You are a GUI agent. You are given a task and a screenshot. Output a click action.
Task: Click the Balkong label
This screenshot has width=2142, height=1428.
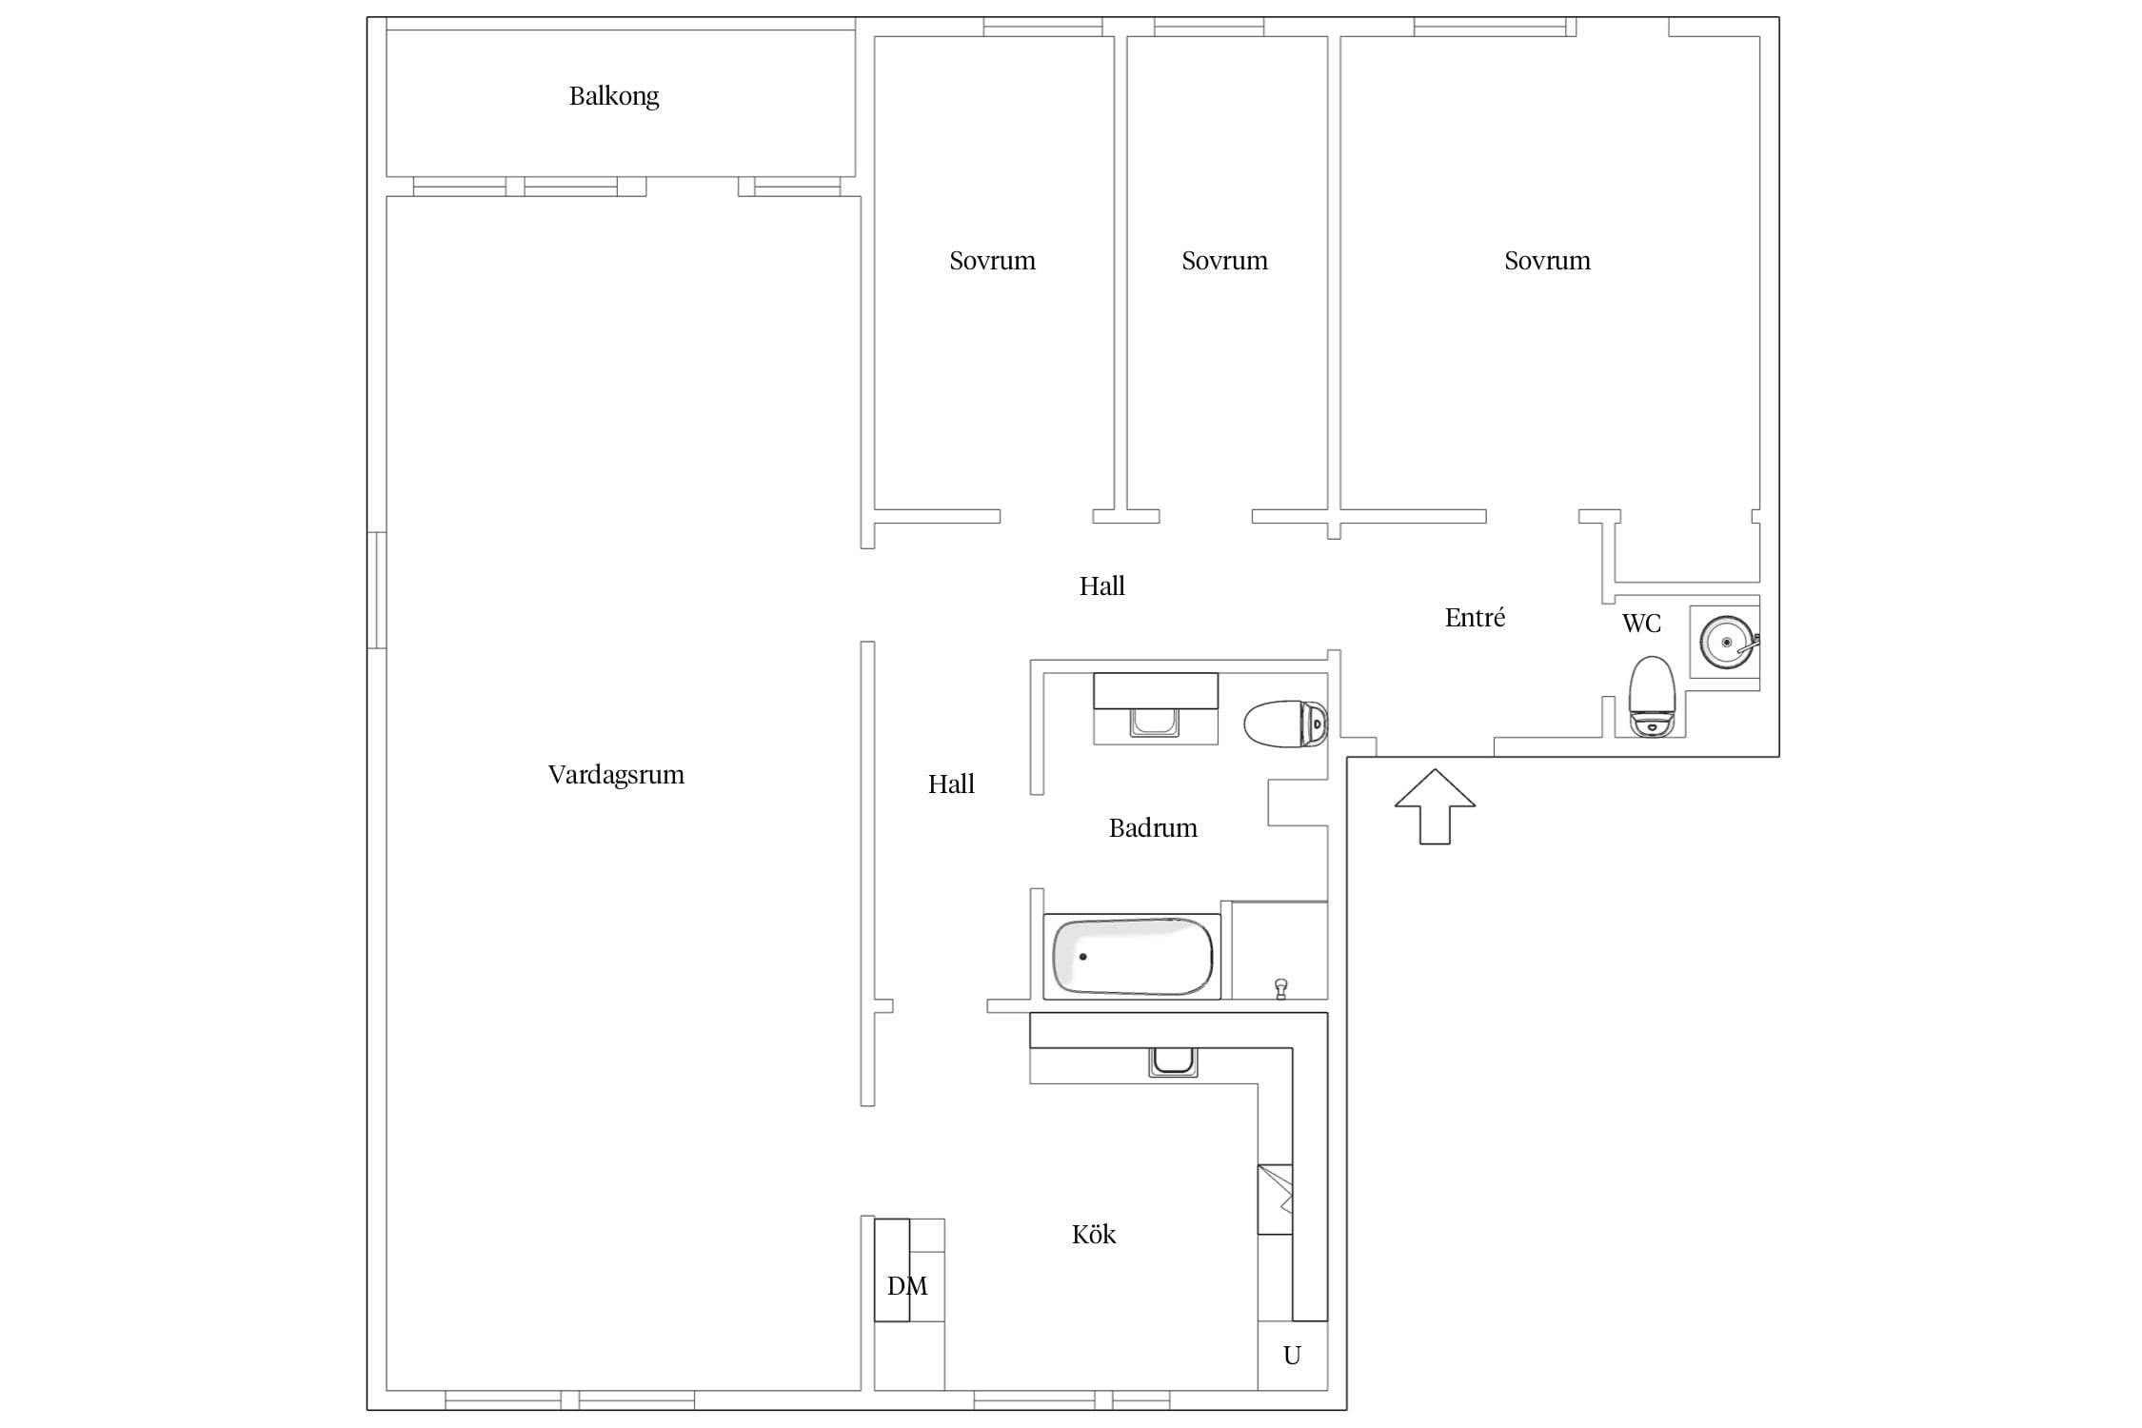(x=614, y=96)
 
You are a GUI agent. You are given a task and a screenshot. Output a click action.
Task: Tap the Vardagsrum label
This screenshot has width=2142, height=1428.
(x=616, y=775)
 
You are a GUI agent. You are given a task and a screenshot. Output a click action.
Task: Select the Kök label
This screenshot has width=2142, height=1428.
(x=1094, y=1234)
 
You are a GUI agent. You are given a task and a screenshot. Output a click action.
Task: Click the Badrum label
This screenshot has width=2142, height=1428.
(x=1153, y=827)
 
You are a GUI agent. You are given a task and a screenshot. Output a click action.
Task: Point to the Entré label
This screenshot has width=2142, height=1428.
(x=1475, y=617)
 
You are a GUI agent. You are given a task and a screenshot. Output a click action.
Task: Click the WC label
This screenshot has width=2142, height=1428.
(x=1641, y=623)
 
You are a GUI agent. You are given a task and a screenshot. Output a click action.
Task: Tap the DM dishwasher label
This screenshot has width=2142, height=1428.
(x=907, y=1286)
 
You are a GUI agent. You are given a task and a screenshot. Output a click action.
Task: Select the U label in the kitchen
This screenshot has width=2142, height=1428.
(x=1292, y=1355)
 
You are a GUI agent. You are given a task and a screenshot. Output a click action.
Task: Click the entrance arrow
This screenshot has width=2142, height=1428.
(x=1435, y=806)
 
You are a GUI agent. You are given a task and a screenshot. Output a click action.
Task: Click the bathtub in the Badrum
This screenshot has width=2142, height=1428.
(x=1132, y=957)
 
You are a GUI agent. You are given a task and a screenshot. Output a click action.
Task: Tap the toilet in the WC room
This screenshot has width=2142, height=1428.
(x=1652, y=696)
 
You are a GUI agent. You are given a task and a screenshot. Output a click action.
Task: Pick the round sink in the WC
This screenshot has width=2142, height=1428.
(x=1727, y=643)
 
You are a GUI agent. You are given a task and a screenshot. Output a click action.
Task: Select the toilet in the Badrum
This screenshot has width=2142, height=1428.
(x=1285, y=724)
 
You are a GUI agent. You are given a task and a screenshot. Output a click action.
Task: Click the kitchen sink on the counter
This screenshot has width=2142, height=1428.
(x=1173, y=1061)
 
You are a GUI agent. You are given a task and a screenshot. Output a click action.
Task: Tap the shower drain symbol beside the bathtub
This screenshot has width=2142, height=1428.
(x=1281, y=989)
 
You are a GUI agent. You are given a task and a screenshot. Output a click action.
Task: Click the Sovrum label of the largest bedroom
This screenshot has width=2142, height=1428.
(x=1547, y=261)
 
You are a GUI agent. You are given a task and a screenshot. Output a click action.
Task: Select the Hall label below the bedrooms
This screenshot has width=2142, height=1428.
(x=1101, y=585)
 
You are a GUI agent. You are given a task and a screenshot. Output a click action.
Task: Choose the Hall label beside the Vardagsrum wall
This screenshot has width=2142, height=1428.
(x=951, y=783)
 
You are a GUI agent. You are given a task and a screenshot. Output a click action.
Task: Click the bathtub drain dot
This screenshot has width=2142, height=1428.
(x=1082, y=956)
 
